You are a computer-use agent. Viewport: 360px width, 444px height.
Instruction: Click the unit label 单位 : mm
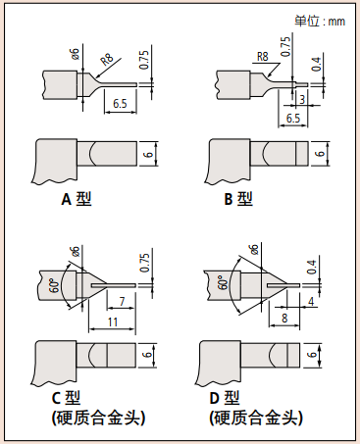(320, 21)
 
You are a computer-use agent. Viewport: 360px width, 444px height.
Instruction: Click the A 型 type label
(77, 199)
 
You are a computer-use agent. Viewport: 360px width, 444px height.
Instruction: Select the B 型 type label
(238, 199)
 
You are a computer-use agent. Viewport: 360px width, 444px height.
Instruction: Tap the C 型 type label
(67, 398)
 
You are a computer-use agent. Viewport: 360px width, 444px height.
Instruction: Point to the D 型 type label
(225, 398)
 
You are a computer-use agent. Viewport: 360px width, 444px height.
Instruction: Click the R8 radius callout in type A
(107, 59)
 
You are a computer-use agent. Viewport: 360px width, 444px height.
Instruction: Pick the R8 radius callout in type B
(263, 56)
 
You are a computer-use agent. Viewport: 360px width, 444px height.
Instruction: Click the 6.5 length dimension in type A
(120, 104)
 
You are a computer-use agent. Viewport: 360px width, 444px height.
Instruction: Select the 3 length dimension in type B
(302, 99)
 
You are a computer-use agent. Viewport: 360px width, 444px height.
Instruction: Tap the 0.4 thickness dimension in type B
(316, 64)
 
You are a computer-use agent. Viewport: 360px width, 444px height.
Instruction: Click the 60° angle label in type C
(56, 284)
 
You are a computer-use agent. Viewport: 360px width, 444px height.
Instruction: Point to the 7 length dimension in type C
(122, 301)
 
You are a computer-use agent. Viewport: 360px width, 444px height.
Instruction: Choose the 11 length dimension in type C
(113, 321)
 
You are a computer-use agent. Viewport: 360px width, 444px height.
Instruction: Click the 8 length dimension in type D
(284, 318)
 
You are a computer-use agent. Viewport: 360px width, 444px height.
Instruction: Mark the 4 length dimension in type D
(311, 301)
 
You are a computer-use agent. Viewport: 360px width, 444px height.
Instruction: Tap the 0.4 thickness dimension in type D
(312, 267)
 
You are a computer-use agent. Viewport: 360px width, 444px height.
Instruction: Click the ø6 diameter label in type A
(76, 53)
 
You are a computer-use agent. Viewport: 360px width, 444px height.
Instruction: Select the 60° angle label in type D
(223, 281)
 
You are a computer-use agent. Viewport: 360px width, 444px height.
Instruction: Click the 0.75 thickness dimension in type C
(144, 263)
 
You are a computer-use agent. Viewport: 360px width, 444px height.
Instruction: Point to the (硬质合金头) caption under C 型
(98, 418)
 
